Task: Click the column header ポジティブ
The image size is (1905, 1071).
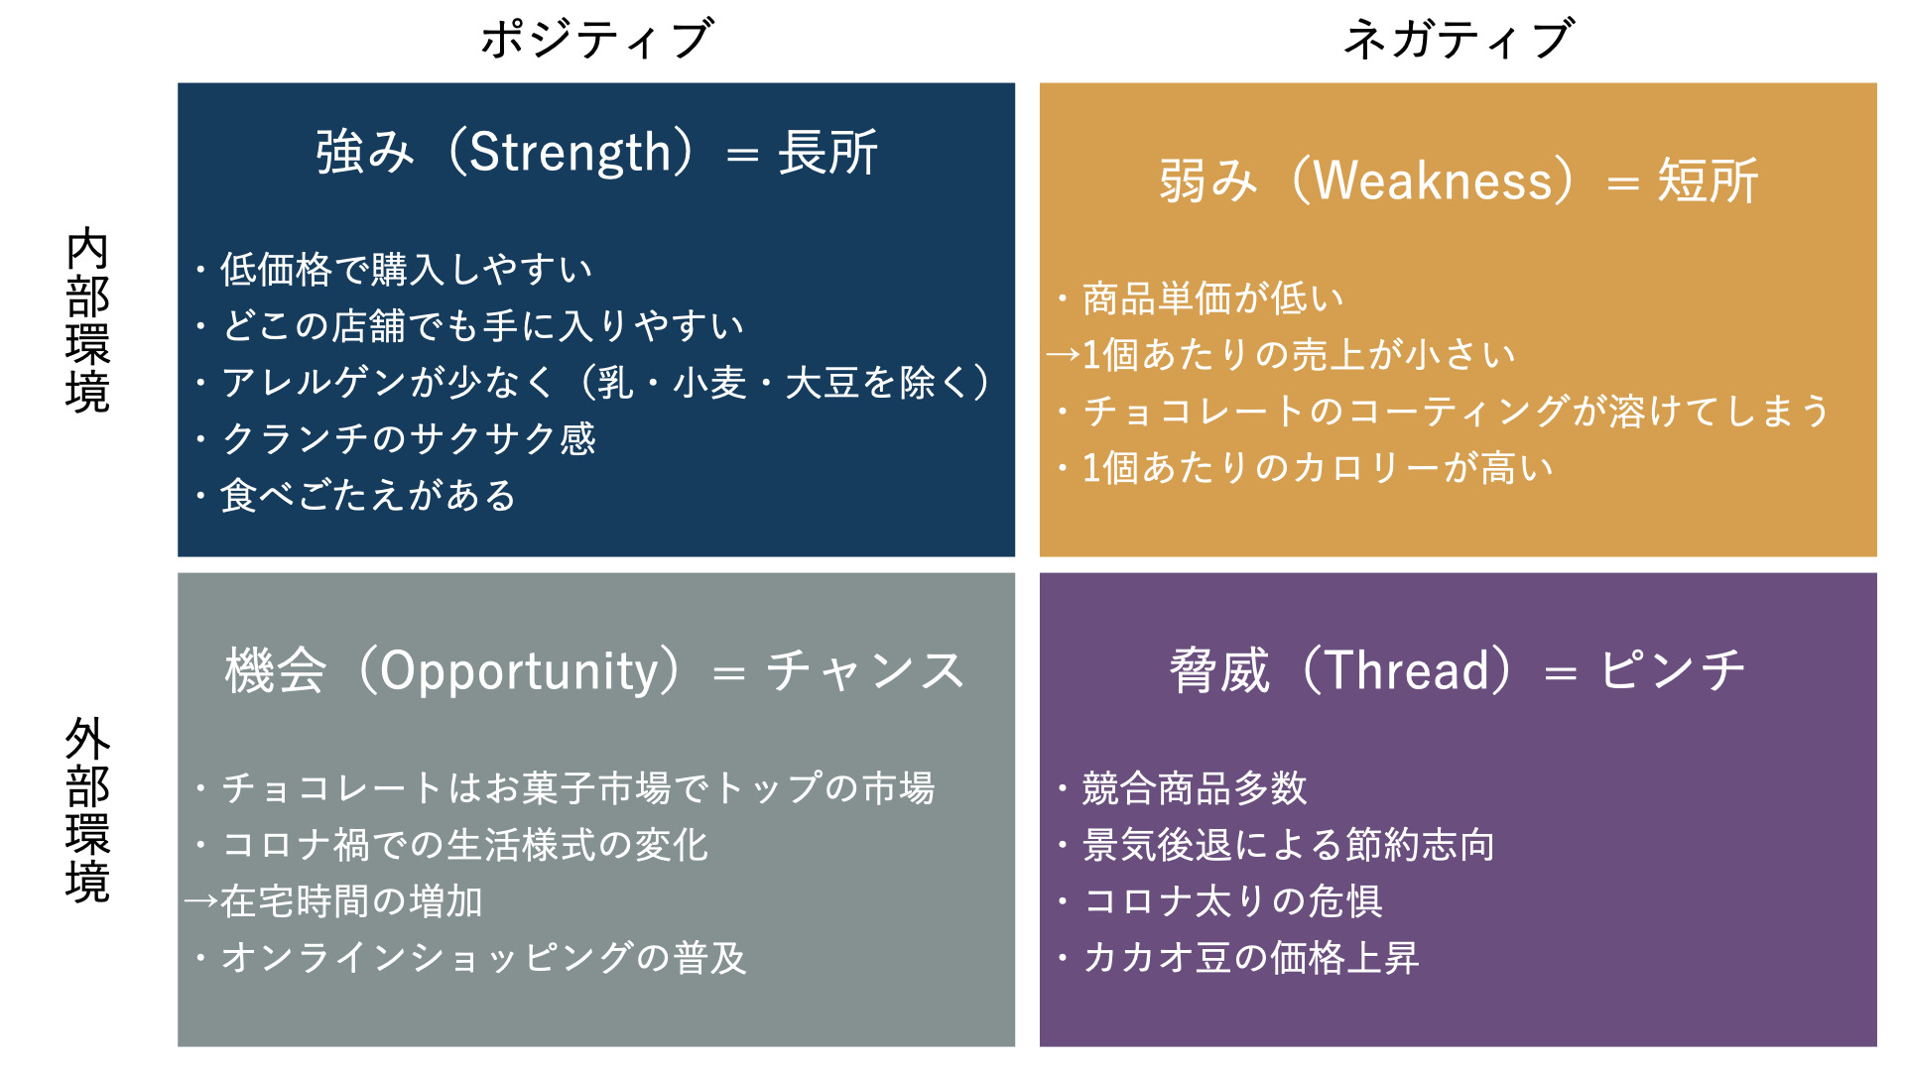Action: pos(596,40)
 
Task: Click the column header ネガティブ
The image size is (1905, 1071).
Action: pos(1458,40)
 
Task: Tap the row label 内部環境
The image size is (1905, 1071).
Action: pos(87,319)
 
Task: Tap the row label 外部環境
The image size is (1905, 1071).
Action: pos(87,809)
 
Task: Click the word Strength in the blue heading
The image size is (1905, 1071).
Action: pos(571,154)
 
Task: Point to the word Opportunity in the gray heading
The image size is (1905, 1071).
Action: pos(518,671)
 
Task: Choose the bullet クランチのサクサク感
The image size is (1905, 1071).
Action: pos(408,439)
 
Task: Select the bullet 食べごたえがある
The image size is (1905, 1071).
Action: pos(368,496)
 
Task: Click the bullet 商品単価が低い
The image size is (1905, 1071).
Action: pos(1212,298)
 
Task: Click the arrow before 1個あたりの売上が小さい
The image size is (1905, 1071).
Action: pos(1063,355)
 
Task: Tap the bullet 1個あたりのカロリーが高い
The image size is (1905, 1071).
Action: pos(1317,468)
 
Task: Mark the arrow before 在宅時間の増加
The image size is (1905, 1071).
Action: pos(200,901)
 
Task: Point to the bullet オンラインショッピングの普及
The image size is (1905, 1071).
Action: pos(483,958)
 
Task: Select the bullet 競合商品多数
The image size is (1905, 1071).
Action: pos(1195,788)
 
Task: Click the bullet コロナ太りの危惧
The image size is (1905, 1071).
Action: pos(1232,901)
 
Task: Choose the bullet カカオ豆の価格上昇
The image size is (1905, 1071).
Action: pos(1250,958)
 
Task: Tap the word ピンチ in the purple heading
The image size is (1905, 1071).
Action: pos(1672,671)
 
